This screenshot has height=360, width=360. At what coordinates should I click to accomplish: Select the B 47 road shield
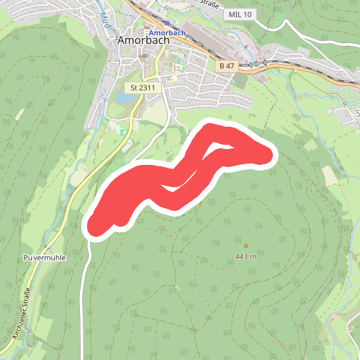(x=226, y=66)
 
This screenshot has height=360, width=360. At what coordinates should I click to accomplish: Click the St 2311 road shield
(x=143, y=88)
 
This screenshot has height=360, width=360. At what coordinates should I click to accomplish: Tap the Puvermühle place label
(x=45, y=257)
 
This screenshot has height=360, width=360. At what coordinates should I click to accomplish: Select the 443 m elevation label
(x=246, y=257)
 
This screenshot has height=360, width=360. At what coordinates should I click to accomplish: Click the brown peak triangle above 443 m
(x=246, y=246)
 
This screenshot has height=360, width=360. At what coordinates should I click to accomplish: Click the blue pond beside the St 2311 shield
(x=120, y=96)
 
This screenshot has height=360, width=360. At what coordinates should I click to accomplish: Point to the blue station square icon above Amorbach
(x=166, y=24)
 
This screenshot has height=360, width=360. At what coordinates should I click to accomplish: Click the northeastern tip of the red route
(x=270, y=154)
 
